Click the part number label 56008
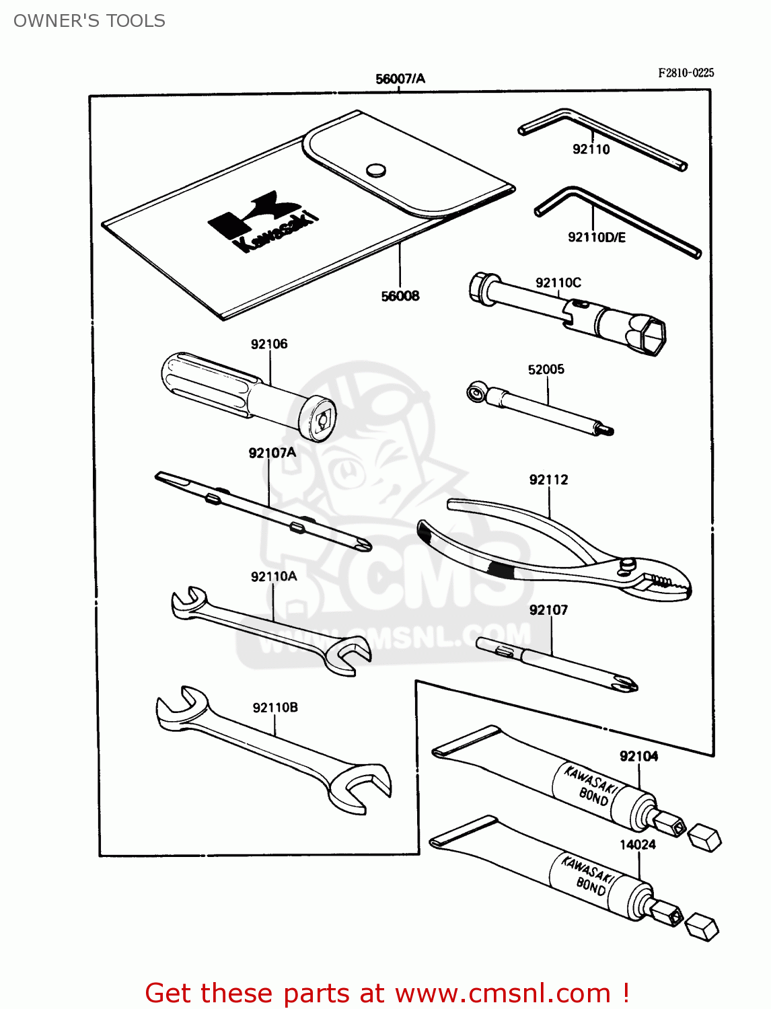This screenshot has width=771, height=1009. point(400,296)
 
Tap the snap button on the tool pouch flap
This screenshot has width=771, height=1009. point(377,170)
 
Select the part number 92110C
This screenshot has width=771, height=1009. point(558,283)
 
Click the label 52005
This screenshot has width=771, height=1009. point(546,369)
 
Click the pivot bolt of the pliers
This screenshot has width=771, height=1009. point(628,564)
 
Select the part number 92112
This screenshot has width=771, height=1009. point(549,480)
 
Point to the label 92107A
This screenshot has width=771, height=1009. point(272,453)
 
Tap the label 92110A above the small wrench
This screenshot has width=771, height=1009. point(274,576)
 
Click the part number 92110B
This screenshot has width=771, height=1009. point(275,708)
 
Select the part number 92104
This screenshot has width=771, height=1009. point(639,756)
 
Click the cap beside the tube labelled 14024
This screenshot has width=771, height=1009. point(702,927)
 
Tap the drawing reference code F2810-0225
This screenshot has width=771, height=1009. point(686,73)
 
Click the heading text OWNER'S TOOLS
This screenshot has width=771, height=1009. point(89,21)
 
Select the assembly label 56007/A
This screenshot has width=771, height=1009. point(400,79)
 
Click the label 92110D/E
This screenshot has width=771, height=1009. point(597,237)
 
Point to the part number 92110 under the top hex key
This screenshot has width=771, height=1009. point(591,149)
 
